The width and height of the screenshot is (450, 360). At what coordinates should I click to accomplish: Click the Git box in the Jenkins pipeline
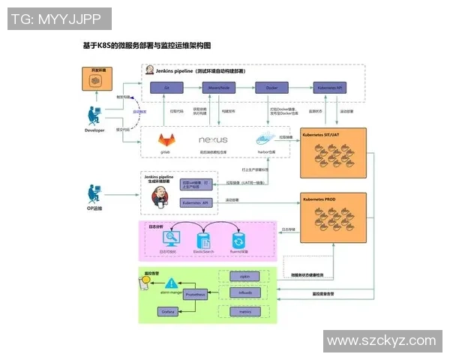[167, 88]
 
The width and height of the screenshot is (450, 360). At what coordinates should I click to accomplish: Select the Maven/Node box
[213, 88]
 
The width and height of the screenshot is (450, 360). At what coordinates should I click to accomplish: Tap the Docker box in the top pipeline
[271, 88]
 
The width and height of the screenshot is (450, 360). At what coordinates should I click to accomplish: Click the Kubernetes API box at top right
[330, 88]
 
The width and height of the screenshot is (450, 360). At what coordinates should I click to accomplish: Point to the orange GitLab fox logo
[166, 140]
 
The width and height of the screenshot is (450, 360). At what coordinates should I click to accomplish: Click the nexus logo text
[213, 140]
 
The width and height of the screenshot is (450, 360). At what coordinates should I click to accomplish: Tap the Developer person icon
[94, 117]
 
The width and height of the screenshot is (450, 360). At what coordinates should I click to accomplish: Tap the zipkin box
[244, 276]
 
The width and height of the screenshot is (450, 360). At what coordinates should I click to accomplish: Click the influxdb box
[244, 292]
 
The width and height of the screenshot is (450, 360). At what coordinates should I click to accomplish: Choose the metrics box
[244, 310]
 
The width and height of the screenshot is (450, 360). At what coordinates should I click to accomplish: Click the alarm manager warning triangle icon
[172, 282]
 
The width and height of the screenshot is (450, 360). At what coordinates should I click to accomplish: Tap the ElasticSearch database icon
[204, 240]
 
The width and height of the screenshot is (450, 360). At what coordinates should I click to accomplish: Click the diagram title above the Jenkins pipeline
[146, 46]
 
